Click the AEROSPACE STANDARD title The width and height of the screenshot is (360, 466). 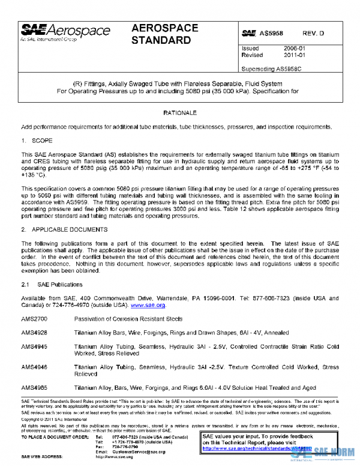[161, 34]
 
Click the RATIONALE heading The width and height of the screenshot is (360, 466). [180, 113]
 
